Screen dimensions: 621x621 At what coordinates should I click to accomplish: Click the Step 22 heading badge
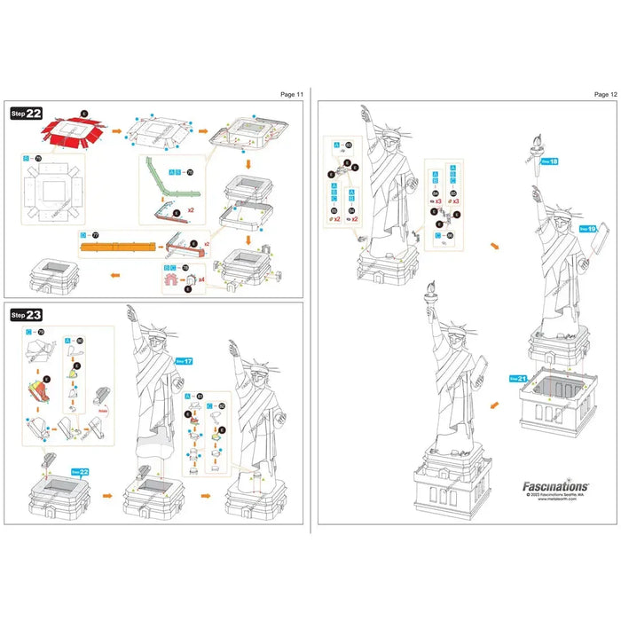click(27, 114)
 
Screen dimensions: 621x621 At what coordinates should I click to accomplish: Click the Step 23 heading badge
click(27, 314)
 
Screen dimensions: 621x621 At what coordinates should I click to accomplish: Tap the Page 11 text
click(291, 93)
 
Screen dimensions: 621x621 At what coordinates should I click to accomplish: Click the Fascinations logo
click(554, 486)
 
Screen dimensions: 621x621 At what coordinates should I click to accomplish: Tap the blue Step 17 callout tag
click(185, 361)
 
